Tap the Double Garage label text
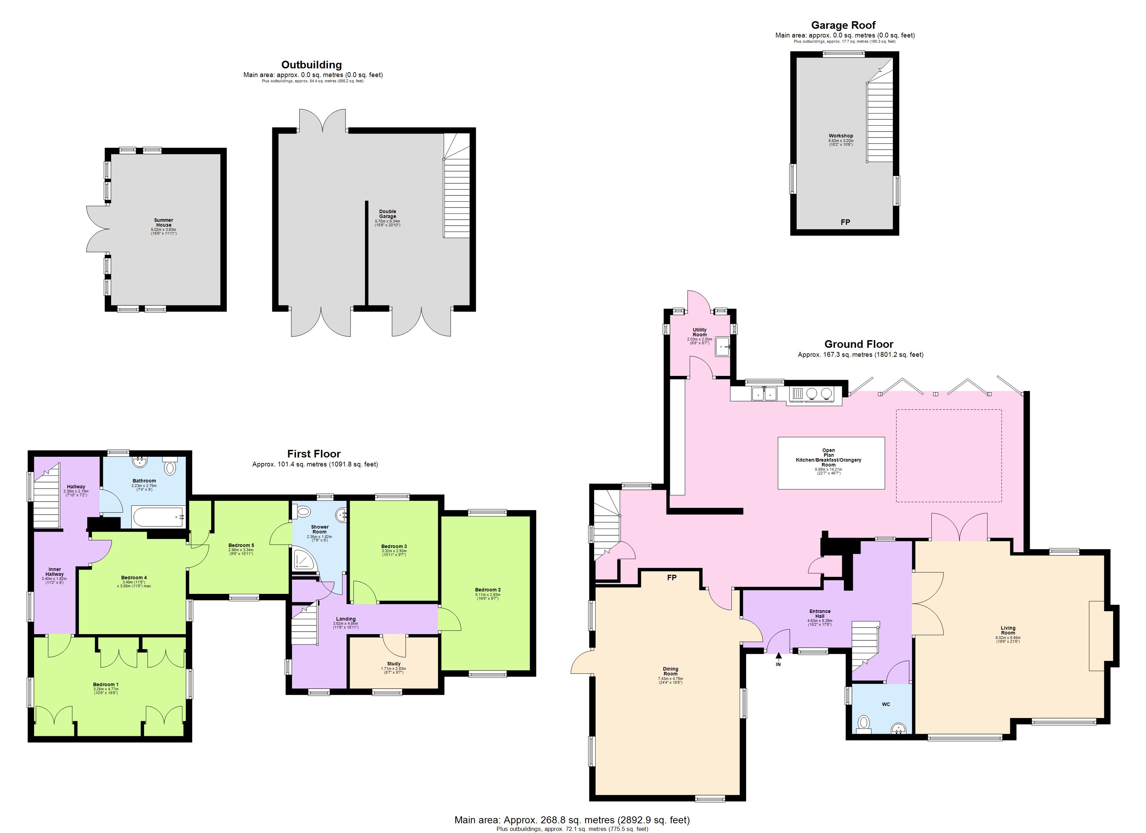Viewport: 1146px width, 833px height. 388,214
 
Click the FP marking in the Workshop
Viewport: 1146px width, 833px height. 845,222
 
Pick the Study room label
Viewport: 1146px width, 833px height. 393,664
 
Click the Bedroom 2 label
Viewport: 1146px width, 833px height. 488,589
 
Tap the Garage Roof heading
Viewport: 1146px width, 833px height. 843,25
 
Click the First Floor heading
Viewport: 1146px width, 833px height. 314,454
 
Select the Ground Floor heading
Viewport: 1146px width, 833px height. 859,344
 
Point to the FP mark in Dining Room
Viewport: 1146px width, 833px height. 672,578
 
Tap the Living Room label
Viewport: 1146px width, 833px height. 1008,630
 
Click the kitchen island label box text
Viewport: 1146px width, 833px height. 828,458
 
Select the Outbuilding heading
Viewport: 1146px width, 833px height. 311,65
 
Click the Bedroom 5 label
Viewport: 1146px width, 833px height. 241,545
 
